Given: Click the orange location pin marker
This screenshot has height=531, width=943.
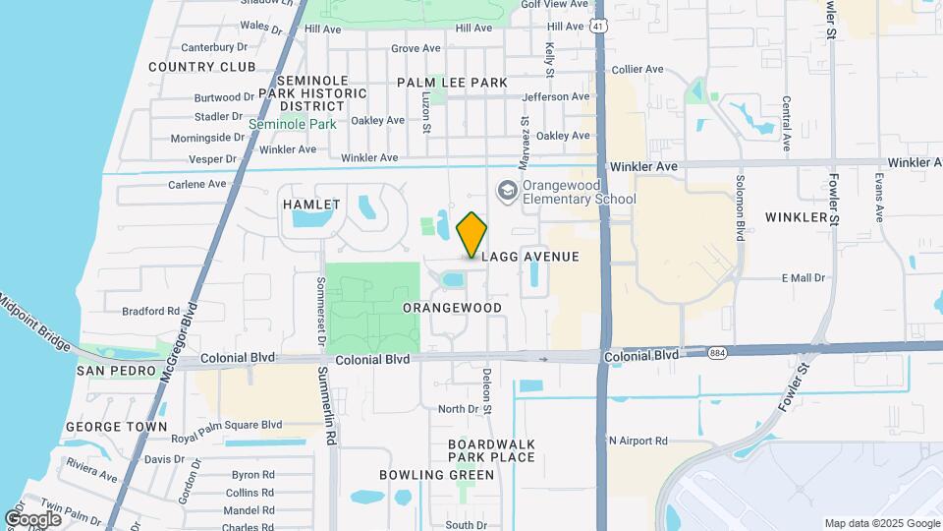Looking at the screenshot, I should pyautogui.click(x=472, y=234).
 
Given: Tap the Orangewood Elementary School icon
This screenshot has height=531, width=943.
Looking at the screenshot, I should pyautogui.click(x=508, y=190).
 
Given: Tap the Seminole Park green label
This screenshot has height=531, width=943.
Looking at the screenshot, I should pyautogui.click(x=292, y=125).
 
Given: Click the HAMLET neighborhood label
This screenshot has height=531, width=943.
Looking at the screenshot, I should pyautogui.click(x=310, y=205).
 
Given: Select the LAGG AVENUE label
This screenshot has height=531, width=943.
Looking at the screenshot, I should pyautogui.click(x=529, y=257).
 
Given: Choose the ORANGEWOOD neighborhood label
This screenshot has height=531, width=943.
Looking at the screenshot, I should pyautogui.click(x=452, y=308).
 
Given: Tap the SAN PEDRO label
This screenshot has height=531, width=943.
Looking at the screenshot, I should pyautogui.click(x=117, y=371).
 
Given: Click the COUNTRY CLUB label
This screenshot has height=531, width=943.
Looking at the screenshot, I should pyautogui.click(x=201, y=67).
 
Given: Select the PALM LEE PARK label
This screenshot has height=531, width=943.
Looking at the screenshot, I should pyautogui.click(x=452, y=83).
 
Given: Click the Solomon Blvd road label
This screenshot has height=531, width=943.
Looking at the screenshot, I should pyautogui.click(x=740, y=209).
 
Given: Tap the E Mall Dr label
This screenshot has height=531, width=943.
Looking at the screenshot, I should pyautogui.click(x=803, y=278).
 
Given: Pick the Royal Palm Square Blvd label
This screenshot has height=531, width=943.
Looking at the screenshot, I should pyautogui.click(x=226, y=425).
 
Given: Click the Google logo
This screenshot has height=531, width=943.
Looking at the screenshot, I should pyautogui.click(x=32, y=519).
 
